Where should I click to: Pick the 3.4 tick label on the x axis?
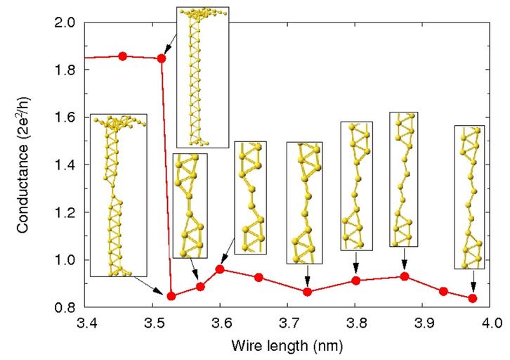click(85, 324)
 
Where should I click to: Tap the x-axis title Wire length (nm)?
click(288, 346)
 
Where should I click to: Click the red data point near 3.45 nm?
click(123, 56)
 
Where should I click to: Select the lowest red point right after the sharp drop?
click(171, 296)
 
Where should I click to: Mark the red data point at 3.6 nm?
click(220, 269)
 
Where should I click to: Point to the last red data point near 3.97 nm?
click(472, 298)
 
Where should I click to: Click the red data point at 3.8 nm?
click(356, 281)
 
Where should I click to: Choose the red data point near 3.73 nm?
click(307, 291)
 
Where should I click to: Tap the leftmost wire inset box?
click(119, 195)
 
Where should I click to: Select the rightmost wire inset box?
click(469, 197)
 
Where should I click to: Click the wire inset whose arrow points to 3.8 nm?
click(356, 186)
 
